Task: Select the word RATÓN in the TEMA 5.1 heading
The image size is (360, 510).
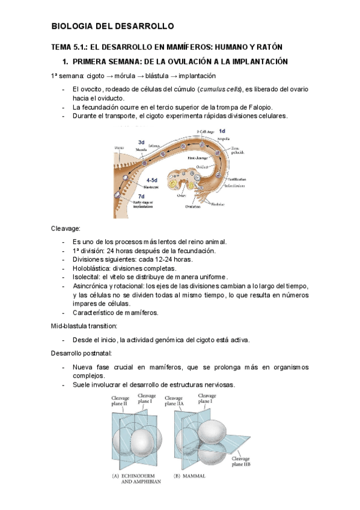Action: pos(267,47)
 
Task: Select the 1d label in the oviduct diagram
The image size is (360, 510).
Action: pos(222,131)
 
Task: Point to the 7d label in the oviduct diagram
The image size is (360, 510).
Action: pos(141,196)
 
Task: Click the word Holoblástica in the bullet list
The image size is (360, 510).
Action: pos(92,268)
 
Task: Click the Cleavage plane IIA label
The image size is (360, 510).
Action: pos(174,401)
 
